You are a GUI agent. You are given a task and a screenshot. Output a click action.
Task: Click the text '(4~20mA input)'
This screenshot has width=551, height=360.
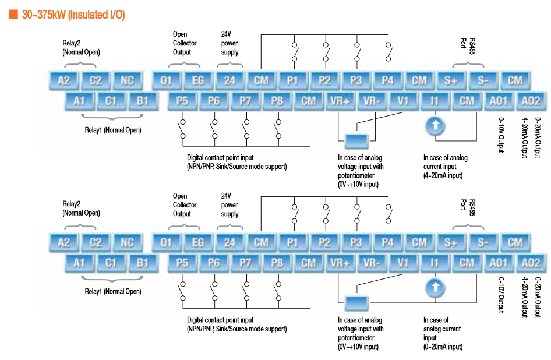(443, 175)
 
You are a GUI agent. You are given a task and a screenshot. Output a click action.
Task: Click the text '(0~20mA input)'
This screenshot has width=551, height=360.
(443, 347)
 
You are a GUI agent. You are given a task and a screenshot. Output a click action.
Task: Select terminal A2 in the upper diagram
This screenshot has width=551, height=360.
(63, 80)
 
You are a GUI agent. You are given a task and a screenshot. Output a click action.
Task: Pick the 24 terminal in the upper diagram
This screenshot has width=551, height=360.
(229, 80)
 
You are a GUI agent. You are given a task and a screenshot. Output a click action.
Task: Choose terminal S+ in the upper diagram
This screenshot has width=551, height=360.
(451, 80)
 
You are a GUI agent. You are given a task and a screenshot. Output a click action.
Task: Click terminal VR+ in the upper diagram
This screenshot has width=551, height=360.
(340, 101)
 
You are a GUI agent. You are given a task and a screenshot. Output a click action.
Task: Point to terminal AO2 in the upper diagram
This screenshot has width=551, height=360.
(530, 101)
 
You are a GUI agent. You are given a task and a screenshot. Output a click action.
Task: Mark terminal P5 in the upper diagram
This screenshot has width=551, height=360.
(182, 101)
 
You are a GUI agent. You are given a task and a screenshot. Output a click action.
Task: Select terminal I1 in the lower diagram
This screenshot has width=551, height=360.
(435, 263)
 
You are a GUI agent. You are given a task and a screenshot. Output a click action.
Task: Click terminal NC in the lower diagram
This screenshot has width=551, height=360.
(127, 242)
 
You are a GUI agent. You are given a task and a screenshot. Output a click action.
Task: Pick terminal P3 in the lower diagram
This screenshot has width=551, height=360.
(356, 242)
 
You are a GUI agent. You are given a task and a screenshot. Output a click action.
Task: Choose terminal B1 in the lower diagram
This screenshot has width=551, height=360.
(143, 263)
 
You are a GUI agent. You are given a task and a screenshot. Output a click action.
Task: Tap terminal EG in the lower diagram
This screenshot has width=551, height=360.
(198, 242)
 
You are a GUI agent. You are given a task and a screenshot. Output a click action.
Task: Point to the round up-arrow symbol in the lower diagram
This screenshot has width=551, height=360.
(435, 287)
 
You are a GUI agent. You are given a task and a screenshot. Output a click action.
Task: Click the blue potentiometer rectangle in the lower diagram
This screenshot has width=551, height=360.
(355, 303)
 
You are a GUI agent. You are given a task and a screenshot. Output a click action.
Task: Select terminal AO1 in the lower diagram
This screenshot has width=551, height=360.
(499, 263)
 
